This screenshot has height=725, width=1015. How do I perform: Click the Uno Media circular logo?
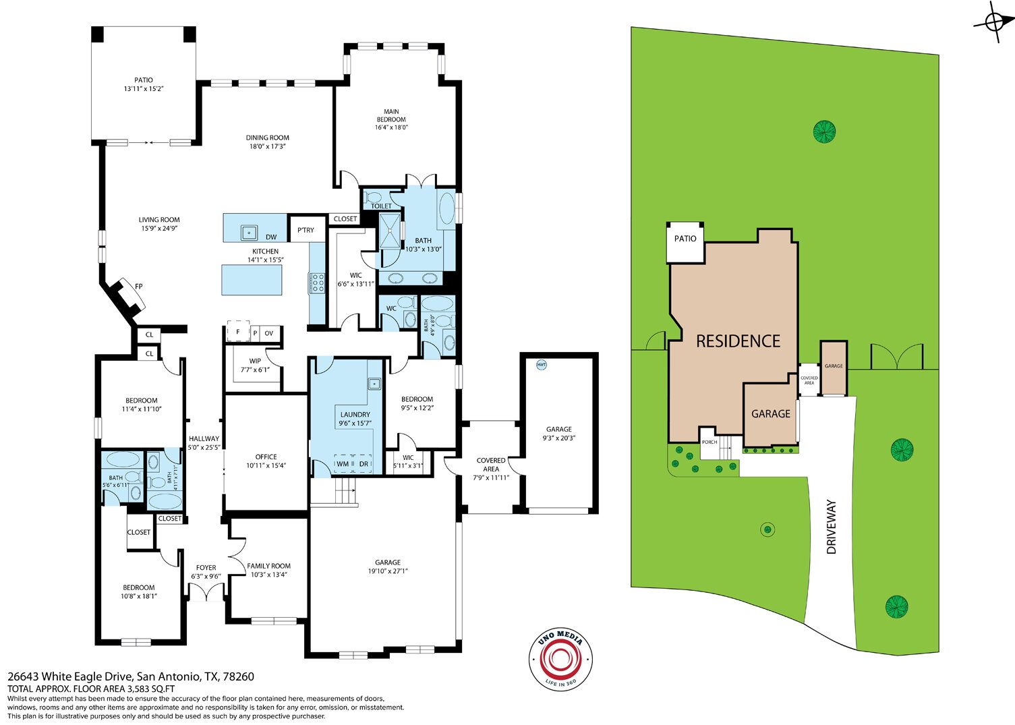tap(560, 660)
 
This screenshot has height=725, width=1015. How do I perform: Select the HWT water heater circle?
tap(541, 364)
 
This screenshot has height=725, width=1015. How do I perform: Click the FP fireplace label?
tap(139, 287)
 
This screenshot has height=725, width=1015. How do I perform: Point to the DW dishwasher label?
tap(271, 237)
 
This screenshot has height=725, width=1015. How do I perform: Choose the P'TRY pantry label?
tap(306, 230)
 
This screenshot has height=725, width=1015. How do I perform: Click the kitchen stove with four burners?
tap(317, 283)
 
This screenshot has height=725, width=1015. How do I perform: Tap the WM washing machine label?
tap(343, 464)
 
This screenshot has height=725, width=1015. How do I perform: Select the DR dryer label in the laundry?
tap(364, 464)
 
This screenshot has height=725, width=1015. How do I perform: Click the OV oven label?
tap(268, 333)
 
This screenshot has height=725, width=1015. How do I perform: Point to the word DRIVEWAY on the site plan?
tap(831, 527)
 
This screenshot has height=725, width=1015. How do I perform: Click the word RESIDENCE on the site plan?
tap(738, 341)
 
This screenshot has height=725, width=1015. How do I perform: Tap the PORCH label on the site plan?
tap(709, 442)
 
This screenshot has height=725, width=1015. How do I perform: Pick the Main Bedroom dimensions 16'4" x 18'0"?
tap(391, 127)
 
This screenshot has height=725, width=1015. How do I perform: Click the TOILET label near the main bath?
tap(381, 206)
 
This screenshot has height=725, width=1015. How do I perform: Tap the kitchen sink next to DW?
tap(250, 233)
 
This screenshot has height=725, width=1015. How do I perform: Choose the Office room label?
tap(266, 457)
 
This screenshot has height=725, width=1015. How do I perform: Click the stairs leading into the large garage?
tap(345, 491)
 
